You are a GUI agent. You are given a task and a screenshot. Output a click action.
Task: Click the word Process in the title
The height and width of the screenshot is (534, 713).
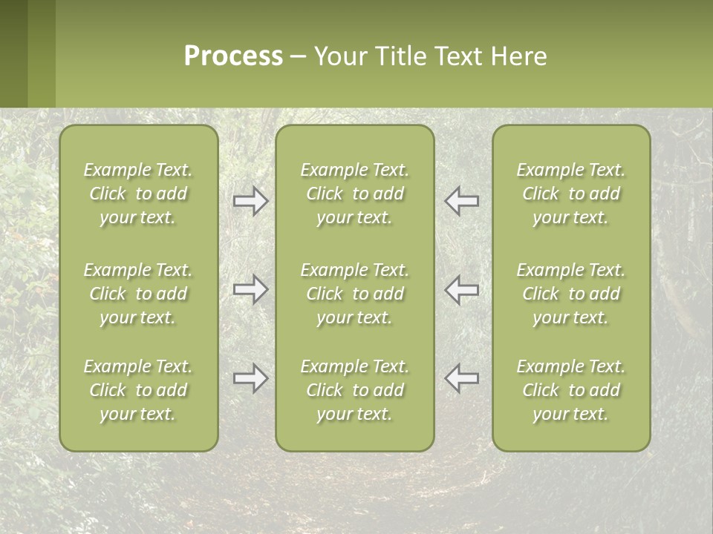(233, 56)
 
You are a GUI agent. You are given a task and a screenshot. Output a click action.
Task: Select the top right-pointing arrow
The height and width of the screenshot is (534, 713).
(251, 201)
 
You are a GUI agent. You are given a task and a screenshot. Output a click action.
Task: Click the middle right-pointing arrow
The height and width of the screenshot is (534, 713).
(251, 289)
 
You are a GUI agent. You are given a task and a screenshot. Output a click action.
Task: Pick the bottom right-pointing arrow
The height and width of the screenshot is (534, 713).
(251, 378)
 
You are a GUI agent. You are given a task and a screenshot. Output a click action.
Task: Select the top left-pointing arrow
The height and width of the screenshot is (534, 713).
(461, 201)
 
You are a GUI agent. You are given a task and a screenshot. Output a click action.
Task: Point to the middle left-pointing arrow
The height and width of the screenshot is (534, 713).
(461, 289)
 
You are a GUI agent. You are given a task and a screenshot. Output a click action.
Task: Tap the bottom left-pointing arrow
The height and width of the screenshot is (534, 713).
(461, 378)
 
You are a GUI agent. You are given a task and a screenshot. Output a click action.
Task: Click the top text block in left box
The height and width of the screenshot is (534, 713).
(138, 194)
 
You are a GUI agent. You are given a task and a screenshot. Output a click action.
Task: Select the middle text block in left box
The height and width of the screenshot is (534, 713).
(138, 294)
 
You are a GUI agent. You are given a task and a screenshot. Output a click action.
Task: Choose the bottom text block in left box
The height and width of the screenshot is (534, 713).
(138, 390)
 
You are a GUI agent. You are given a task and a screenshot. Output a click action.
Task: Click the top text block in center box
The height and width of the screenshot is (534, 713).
(355, 194)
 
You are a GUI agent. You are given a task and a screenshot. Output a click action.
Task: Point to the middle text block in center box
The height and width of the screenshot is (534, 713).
(355, 294)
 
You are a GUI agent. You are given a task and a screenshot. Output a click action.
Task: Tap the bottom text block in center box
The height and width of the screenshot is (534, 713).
(355, 390)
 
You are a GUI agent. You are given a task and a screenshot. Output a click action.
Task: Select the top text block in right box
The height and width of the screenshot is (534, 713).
(571, 194)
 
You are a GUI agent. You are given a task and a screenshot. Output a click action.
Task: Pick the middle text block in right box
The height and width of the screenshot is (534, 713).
(571, 294)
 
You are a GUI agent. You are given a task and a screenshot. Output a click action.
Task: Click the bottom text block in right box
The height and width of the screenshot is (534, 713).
(571, 390)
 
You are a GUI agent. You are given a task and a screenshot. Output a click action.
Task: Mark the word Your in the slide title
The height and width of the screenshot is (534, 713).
(339, 56)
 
